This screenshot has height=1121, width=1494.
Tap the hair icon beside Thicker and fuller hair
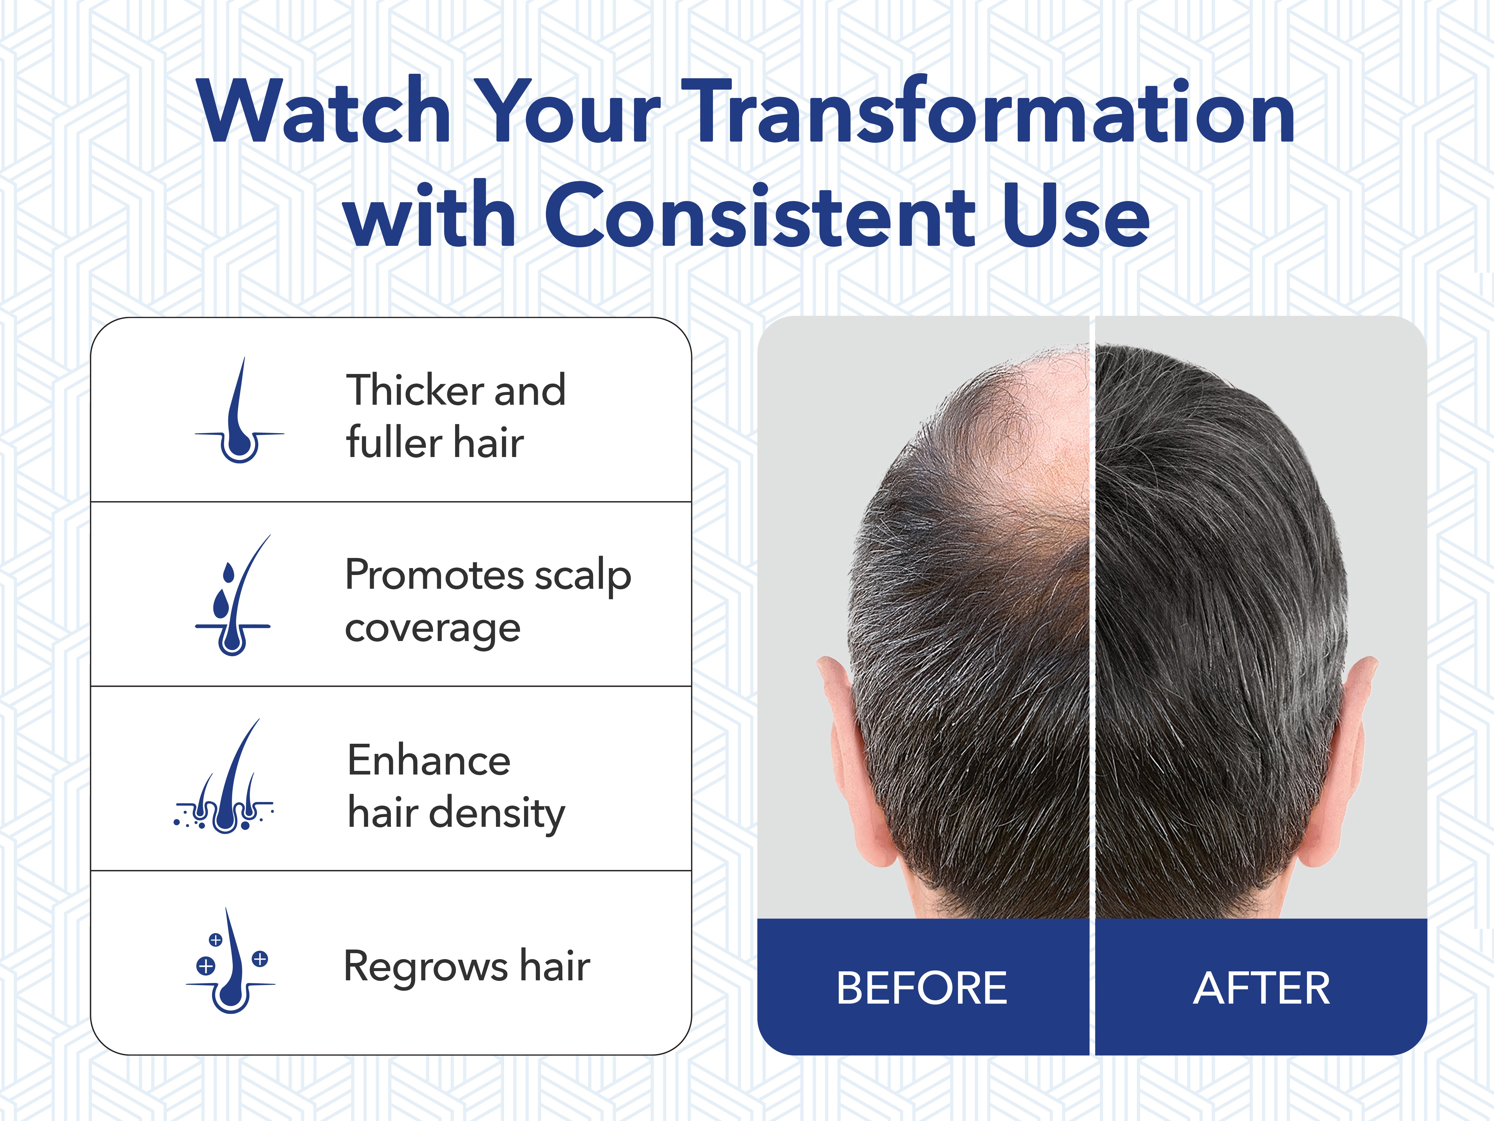(x=240, y=410)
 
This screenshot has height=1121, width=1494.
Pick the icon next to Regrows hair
(x=230, y=960)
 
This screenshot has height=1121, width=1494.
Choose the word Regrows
(x=425, y=967)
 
